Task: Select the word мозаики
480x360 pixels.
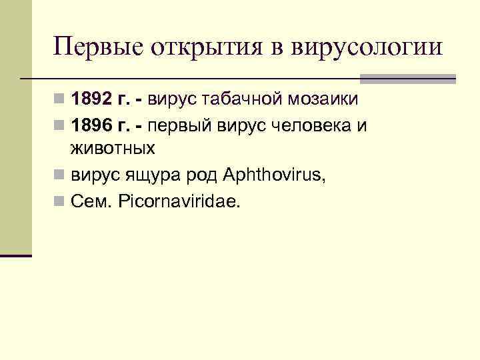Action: pos(326,100)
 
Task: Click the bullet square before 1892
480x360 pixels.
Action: pos(61,101)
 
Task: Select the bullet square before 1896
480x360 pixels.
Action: pos(61,125)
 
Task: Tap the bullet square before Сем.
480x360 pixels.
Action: pos(61,201)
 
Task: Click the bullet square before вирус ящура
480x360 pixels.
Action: pos(61,175)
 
